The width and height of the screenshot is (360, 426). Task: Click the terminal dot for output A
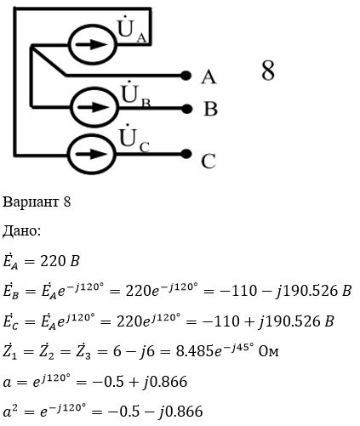point(186,76)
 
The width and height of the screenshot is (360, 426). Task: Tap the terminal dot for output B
point(186,109)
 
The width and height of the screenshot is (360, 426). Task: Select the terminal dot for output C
point(186,154)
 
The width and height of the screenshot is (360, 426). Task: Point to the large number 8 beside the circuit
point(268,70)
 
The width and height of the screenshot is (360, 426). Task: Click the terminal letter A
point(209,77)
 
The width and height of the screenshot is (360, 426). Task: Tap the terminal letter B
point(210,109)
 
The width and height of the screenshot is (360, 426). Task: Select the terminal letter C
point(209,162)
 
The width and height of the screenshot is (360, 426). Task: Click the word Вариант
point(31,202)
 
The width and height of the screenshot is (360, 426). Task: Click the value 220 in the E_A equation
point(52,261)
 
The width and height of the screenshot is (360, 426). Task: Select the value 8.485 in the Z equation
point(194,351)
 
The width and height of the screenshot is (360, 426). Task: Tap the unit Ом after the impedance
point(268,351)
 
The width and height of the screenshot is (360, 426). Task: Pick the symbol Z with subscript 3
point(84,351)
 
